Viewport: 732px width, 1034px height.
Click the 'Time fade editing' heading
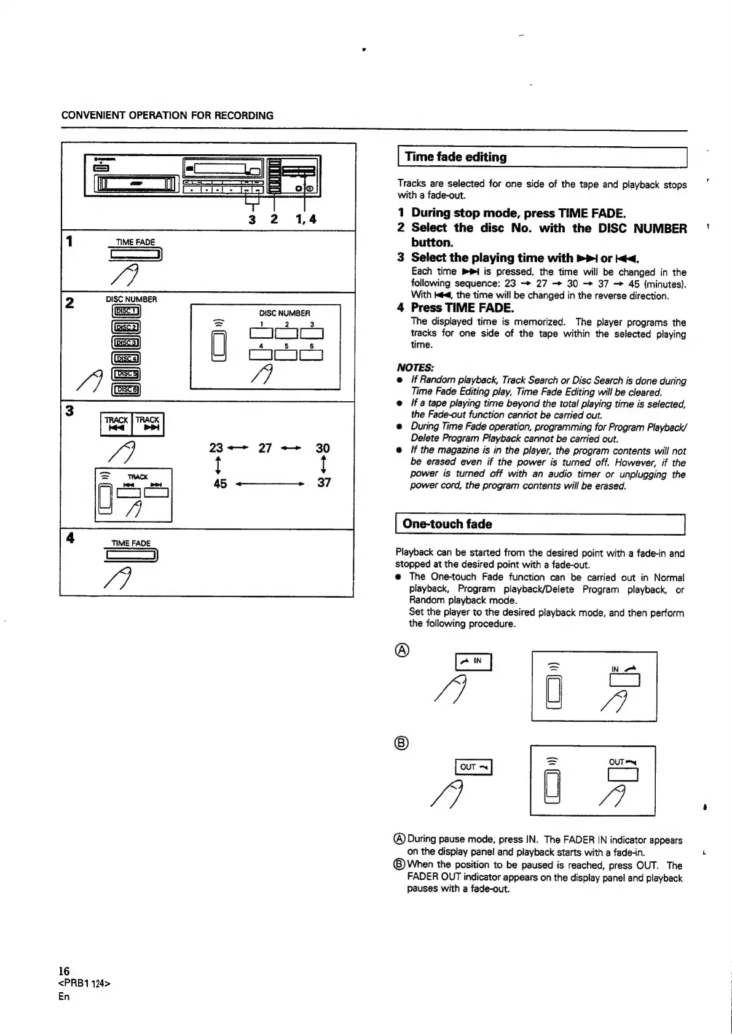[454, 157]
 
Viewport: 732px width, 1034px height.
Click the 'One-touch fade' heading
[447, 524]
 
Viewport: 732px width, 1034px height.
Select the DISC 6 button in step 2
[126, 389]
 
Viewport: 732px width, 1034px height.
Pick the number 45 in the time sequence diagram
[220, 484]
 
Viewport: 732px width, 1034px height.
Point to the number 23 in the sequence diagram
[216, 448]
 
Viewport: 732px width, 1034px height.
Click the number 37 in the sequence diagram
[324, 483]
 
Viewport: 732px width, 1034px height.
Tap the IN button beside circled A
[473, 662]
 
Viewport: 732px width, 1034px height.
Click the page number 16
[64, 971]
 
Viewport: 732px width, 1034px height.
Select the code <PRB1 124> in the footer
[84, 984]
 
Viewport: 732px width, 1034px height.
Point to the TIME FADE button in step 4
[132, 556]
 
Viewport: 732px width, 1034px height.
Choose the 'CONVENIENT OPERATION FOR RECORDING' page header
[167, 116]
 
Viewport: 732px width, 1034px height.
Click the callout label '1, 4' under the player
[305, 218]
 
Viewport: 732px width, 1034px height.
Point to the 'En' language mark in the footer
[64, 997]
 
